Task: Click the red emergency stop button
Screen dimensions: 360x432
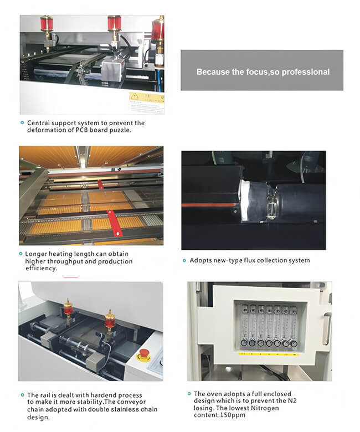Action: tap(143, 354)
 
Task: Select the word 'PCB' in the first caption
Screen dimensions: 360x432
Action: tap(81, 130)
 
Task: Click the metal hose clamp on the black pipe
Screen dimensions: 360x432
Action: tap(271, 203)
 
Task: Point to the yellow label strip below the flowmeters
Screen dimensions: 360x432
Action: tap(269, 354)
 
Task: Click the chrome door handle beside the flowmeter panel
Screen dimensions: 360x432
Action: tap(326, 329)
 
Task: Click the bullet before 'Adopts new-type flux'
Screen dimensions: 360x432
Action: tap(184, 260)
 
